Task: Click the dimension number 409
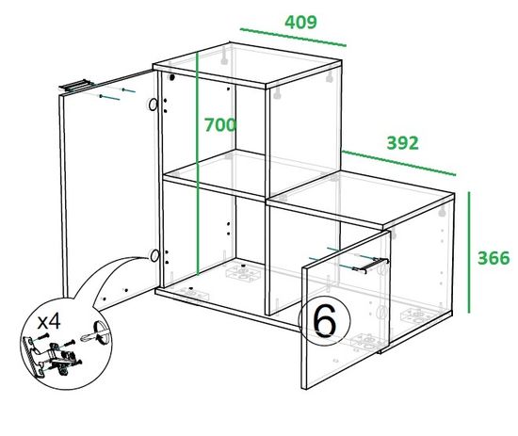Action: [300, 23]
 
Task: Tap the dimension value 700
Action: [220, 125]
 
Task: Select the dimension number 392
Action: [402, 143]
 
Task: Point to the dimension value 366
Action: [494, 258]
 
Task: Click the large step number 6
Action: [324, 321]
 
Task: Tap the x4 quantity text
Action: [49, 322]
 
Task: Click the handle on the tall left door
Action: [76, 85]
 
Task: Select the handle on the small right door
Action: [371, 266]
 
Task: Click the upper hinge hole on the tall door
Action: [153, 105]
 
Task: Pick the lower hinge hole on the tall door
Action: [154, 255]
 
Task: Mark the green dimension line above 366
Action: [469, 252]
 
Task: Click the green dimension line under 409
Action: [293, 38]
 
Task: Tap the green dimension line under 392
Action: [399, 163]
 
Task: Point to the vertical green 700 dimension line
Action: [197, 164]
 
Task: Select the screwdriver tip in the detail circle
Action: [84, 339]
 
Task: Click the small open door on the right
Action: [346, 310]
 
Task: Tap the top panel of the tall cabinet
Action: [247, 66]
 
